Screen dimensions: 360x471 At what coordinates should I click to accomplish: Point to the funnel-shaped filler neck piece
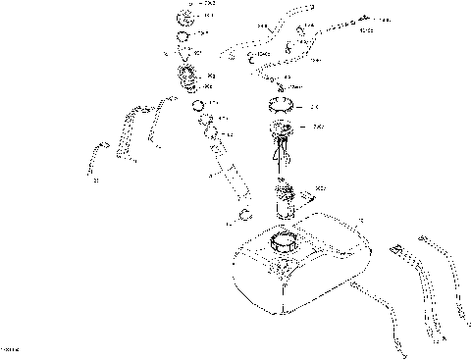click(x=186, y=53)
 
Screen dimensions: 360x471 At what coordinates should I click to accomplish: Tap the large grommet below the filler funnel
click(x=188, y=77)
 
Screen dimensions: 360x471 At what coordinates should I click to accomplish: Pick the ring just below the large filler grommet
click(x=198, y=106)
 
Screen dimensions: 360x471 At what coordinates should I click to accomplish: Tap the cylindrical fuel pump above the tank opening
click(x=287, y=201)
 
